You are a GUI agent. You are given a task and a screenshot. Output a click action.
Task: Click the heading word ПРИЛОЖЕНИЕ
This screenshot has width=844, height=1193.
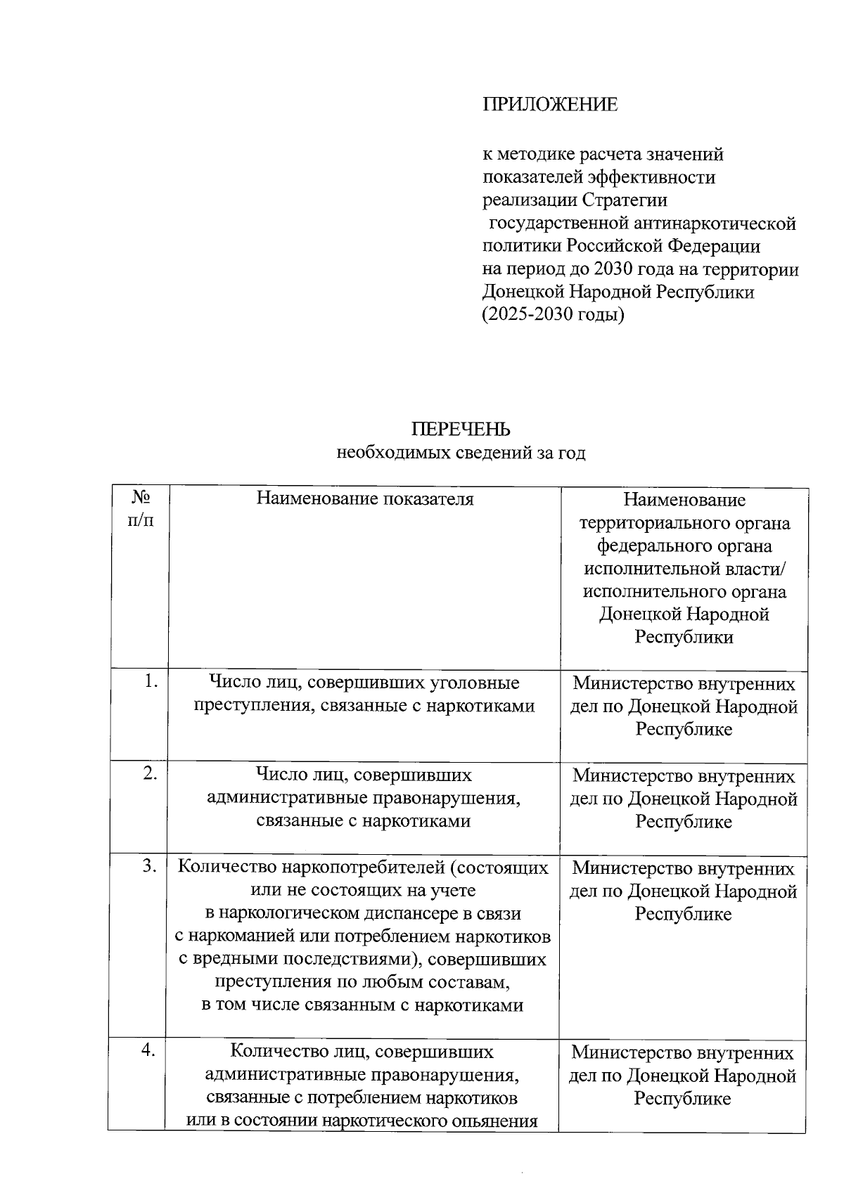click(x=550, y=105)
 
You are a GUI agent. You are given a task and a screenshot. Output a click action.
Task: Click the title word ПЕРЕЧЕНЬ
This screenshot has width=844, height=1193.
click(x=461, y=429)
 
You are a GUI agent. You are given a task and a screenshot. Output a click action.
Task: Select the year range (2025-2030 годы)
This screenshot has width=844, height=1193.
click(x=554, y=314)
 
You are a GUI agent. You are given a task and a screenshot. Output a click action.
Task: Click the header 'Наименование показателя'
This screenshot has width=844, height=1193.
click(x=364, y=499)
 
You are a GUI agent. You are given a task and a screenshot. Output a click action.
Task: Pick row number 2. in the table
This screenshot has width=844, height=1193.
click(x=150, y=773)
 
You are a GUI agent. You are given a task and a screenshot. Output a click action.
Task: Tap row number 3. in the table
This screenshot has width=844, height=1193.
click(x=150, y=866)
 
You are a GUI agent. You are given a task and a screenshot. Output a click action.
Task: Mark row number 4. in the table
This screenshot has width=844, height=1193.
click(x=148, y=1050)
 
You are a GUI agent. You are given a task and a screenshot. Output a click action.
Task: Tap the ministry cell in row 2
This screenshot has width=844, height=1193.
click(x=684, y=799)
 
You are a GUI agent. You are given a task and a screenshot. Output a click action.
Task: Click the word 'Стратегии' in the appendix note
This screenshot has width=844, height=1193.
click(x=625, y=200)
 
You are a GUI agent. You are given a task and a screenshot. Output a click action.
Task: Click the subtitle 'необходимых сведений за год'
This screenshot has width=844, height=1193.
click(x=461, y=453)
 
